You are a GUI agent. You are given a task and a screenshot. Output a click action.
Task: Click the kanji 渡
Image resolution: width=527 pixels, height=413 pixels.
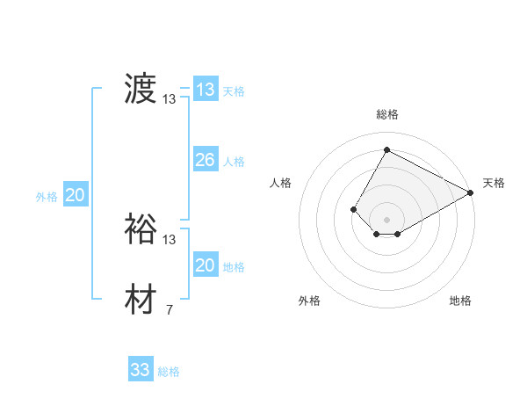click(141, 90)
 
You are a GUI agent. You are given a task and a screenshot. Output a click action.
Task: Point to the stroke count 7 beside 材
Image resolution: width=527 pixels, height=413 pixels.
click(169, 309)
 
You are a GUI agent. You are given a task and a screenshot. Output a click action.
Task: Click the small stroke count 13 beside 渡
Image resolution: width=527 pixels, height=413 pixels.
click(170, 99)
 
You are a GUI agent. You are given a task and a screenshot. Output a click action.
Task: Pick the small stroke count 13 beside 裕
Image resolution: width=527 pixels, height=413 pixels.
click(170, 239)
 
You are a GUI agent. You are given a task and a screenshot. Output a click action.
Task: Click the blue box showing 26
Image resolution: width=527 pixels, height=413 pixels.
click(205, 160)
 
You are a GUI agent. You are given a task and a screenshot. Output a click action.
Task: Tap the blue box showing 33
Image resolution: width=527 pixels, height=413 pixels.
click(140, 370)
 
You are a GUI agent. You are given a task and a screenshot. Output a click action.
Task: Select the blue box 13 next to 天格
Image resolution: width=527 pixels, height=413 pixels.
click(205, 90)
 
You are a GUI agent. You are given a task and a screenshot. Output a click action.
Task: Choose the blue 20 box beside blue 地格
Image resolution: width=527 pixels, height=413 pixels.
click(205, 265)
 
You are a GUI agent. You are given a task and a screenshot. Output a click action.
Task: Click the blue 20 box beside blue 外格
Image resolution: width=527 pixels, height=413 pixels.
click(75, 195)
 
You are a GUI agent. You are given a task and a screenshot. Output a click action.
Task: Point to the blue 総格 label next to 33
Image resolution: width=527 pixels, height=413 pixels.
click(170, 372)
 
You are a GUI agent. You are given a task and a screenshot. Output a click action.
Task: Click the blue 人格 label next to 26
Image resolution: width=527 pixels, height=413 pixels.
click(234, 162)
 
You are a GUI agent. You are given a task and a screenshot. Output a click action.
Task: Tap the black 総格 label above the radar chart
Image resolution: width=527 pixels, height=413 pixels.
click(386, 114)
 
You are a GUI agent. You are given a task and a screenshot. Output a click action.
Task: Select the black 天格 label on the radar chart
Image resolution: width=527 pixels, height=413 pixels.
click(494, 183)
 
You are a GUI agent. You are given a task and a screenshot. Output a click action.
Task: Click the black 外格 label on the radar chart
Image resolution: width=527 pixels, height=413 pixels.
click(309, 301)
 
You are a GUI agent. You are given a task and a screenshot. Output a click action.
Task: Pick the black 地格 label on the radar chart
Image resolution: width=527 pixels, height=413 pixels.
click(460, 301)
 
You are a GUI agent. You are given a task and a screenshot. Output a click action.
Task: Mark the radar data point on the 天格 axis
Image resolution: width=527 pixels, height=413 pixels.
click(472, 193)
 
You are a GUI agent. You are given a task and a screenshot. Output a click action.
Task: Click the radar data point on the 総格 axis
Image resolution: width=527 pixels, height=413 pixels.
click(386, 149)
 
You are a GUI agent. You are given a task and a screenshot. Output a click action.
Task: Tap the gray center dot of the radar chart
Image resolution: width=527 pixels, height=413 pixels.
click(386, 219)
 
